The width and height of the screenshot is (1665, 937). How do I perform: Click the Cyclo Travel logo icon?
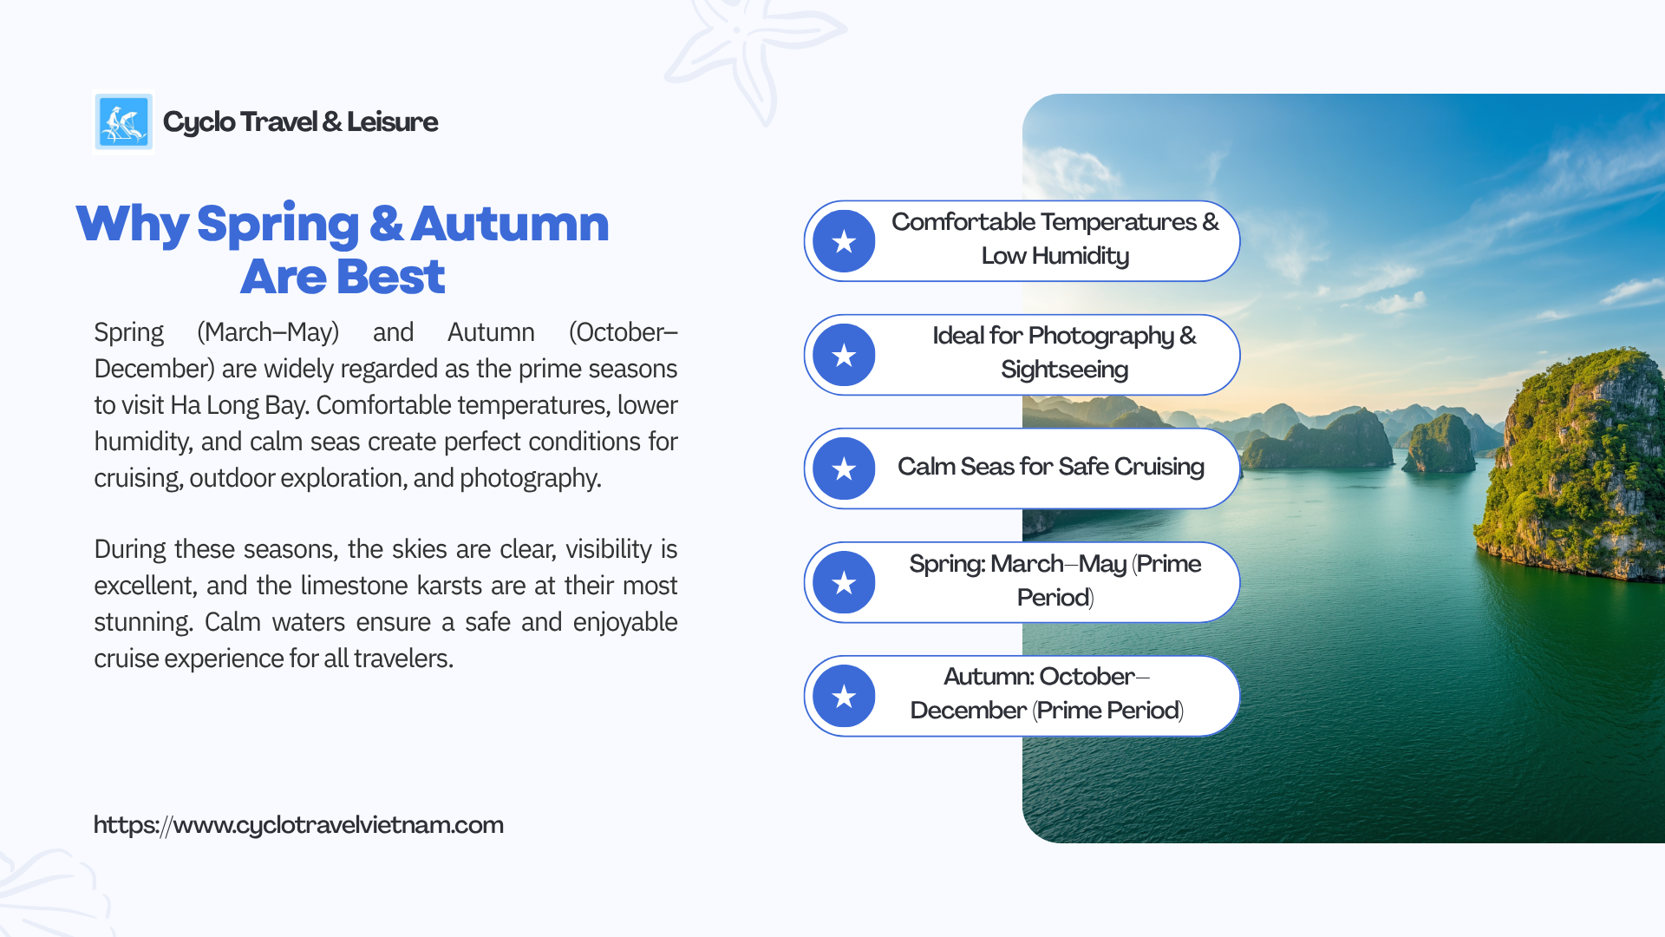123,122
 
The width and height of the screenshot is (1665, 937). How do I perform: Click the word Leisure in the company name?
392,121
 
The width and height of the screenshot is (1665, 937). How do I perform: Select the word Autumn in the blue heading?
510,224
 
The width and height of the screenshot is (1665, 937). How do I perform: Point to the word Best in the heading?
391,277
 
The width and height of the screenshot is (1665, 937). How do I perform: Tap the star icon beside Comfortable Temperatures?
844,241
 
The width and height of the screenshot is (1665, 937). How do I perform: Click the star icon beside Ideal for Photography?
844,355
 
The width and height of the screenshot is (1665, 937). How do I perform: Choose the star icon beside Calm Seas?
844,468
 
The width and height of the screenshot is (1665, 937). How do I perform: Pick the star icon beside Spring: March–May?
844,582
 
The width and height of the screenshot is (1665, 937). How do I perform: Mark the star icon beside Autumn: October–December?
844,696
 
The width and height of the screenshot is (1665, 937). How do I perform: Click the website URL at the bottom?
298,824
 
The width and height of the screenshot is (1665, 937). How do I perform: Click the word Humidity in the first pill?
1081,256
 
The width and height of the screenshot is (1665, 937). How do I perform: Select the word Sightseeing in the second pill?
1065,370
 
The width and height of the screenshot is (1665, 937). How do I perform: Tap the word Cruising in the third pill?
1159,467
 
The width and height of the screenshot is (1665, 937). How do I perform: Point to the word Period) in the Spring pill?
1055,598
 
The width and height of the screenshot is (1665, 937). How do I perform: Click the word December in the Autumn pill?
969,711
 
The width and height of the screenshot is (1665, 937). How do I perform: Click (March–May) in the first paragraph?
268,332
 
